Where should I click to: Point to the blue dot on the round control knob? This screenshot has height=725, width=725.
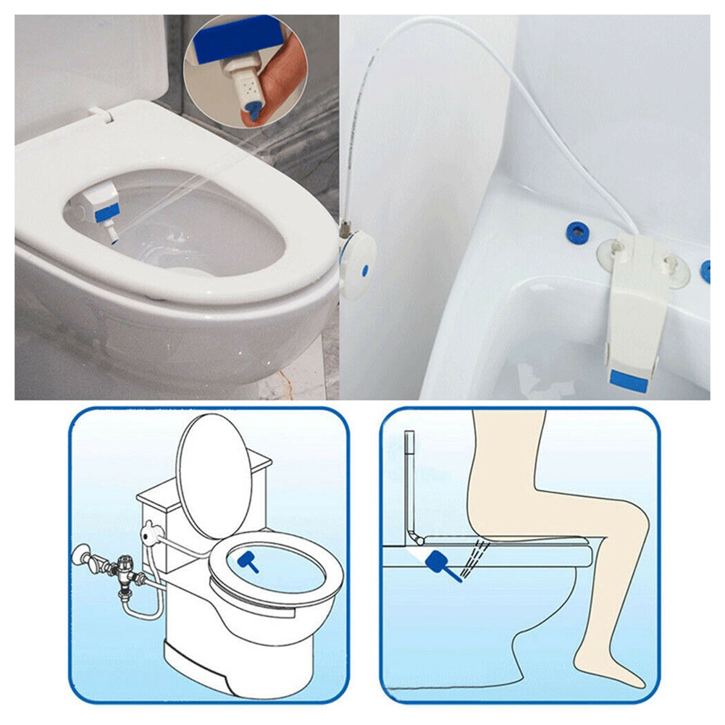click(364, 267)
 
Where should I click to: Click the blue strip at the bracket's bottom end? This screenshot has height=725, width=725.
click(627, 379)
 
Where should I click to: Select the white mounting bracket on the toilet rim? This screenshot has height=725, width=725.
click(637, 304)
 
